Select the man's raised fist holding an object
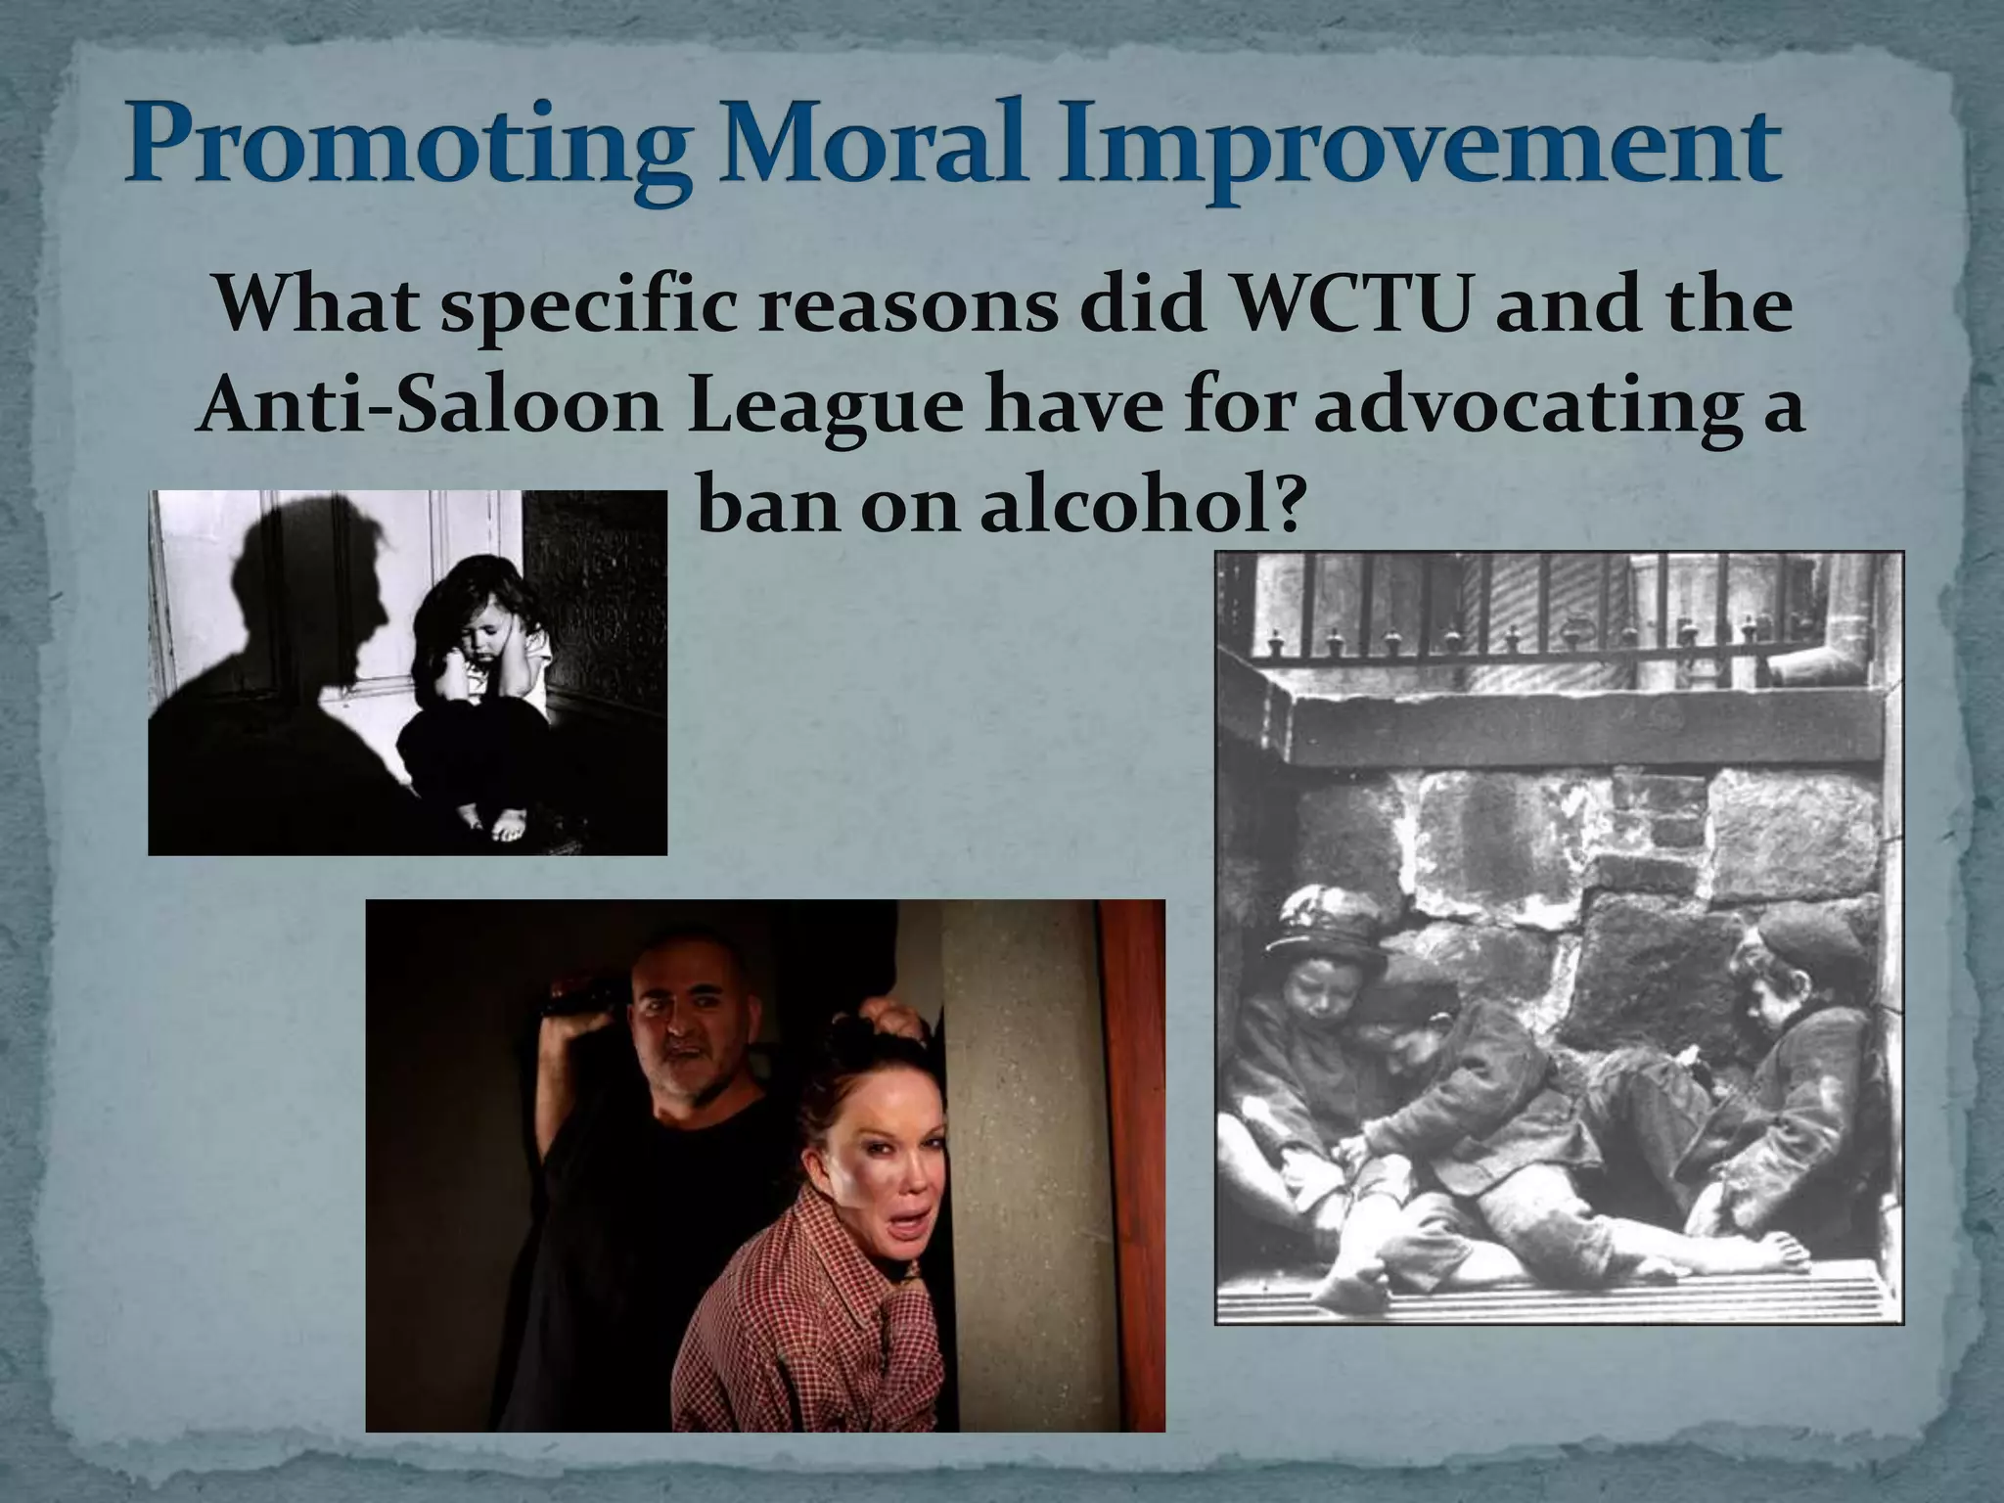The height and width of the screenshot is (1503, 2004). tap(577, 1003)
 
